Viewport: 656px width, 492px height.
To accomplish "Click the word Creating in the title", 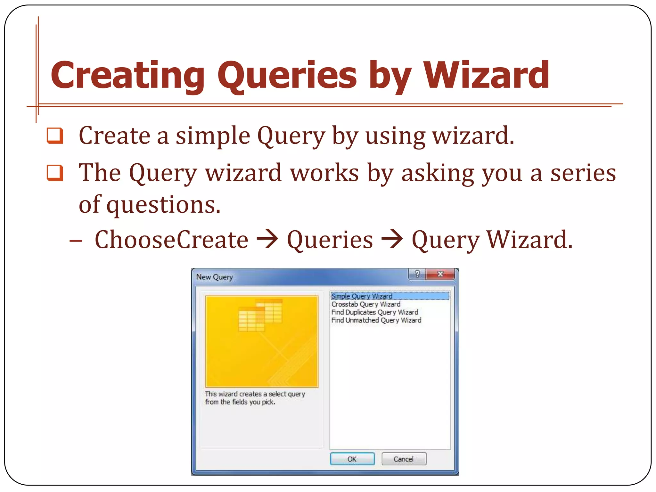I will click(x=127, y=76).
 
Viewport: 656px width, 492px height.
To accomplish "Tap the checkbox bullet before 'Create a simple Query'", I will click(x=55, y=136).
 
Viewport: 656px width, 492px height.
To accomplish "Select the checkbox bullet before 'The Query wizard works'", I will click(x=55, y=173).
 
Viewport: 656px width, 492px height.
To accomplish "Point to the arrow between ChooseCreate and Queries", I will click(x=268, y=239).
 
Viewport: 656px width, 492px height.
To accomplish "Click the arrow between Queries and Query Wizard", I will click(x=392, y=239).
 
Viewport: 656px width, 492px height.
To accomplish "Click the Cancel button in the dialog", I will click(x=404, y=459).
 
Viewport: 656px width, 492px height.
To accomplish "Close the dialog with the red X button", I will click(x=440, y=274).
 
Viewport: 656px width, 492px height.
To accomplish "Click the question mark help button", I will click(x=417, y=274).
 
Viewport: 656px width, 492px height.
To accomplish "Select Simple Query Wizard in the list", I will click(x=362, y=296).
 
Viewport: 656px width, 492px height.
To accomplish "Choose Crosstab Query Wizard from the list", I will click(x=366, y=304).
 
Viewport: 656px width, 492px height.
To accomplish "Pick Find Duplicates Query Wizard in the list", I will click(x=375, y=312).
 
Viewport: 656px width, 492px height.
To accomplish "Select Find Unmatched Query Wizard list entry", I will click(x=376, y=320).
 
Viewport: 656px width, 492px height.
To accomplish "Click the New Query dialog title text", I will click(x=215, y=277).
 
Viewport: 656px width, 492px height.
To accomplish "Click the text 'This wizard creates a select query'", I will click(x=255, y=394).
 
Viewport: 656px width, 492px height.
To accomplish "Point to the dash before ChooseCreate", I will click(x=76, y=240).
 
